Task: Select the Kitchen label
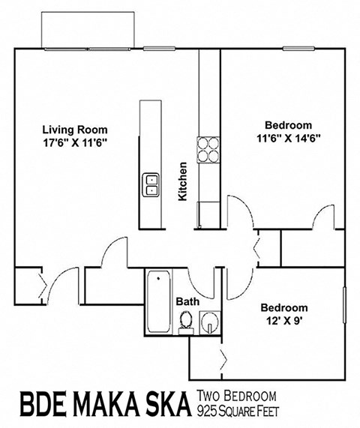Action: point(182,181)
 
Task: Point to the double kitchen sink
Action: point(151,184)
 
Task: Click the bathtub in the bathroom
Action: point(158,304)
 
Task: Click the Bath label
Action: point(187,301)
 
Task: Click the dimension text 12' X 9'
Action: point(283,321)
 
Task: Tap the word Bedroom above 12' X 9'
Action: point(283,308)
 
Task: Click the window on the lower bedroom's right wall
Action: point(344,307)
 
